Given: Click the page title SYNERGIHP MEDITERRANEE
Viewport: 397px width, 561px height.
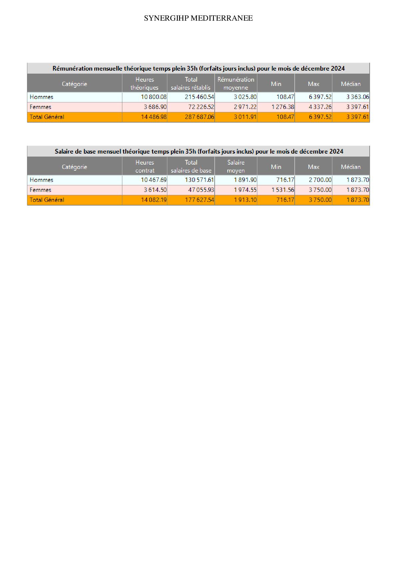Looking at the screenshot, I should tap(198, 18).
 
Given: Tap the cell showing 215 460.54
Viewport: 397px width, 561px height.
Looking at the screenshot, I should tap(199, 97).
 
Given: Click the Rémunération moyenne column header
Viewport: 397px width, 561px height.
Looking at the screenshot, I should tap(236, 84).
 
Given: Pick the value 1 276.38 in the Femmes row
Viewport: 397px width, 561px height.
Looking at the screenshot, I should tap(283, 107).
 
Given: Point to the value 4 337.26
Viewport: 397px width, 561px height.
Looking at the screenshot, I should tap(320, 107).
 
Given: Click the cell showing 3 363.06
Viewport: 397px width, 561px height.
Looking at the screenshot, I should tap(357, 97).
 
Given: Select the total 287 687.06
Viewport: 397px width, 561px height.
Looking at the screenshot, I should tap(199, 117).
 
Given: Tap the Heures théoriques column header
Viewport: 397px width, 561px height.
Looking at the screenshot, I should tap(144, 84).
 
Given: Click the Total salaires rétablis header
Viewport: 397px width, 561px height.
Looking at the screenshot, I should tap(191, 84).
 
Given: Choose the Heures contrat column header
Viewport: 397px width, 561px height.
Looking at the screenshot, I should tap(145, 167).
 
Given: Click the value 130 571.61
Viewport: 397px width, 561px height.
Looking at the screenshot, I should tap(199, 180).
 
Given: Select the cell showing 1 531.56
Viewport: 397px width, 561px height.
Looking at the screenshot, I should tap(283, 190).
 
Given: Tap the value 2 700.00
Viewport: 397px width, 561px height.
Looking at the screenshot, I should tap(320, 180).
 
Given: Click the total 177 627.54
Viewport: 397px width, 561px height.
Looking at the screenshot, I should tap(199, 200).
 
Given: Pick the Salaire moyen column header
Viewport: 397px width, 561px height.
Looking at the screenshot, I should tap(236, 167).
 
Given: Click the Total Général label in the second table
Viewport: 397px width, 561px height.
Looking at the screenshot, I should tap(47, 200).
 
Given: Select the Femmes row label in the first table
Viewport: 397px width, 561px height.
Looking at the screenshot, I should tap(40, 107).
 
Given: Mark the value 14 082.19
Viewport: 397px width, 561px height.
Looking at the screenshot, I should tap(154, 200).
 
